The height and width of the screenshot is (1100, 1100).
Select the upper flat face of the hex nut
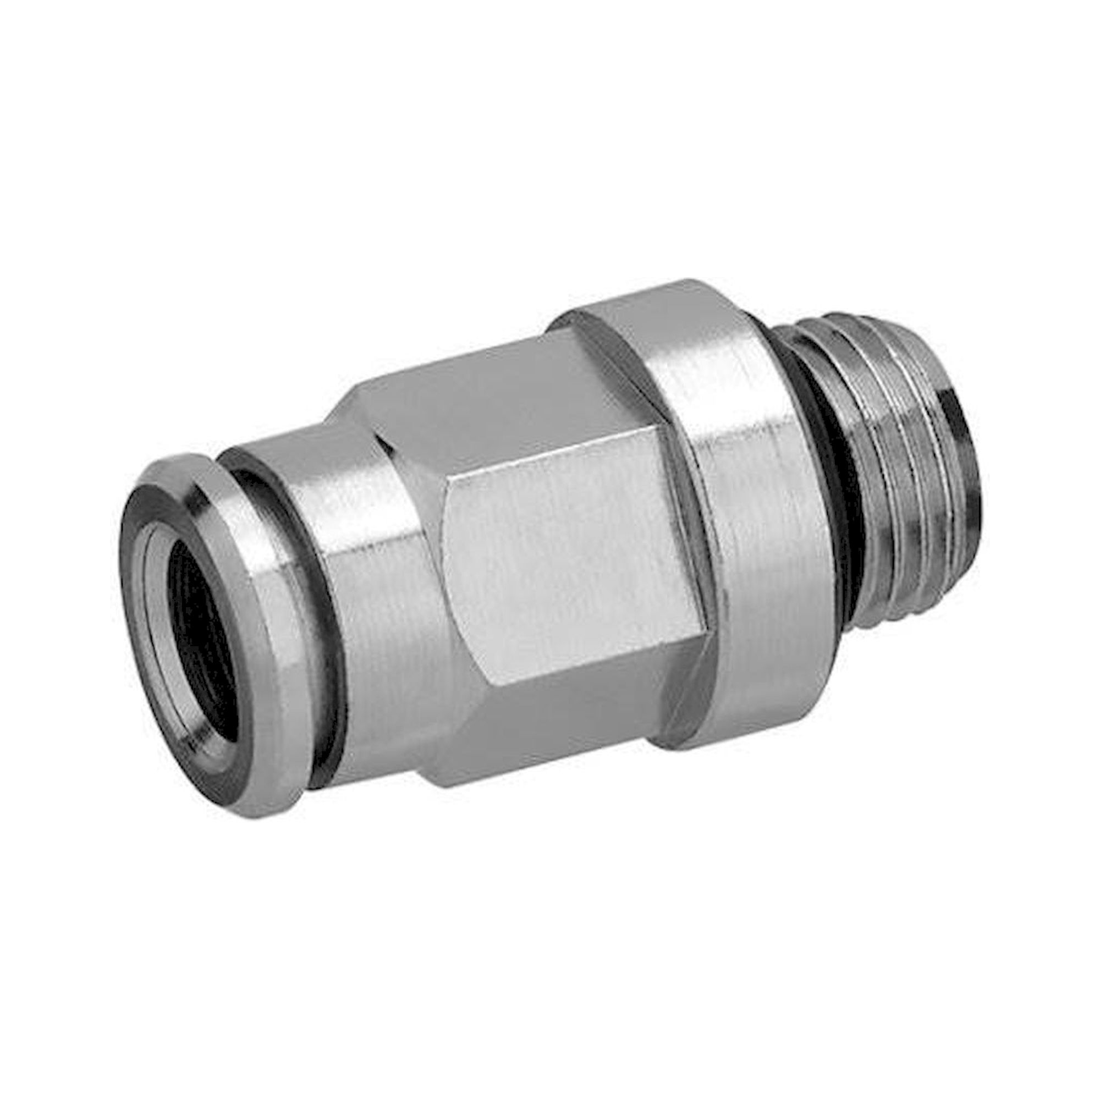coord(490,393)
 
